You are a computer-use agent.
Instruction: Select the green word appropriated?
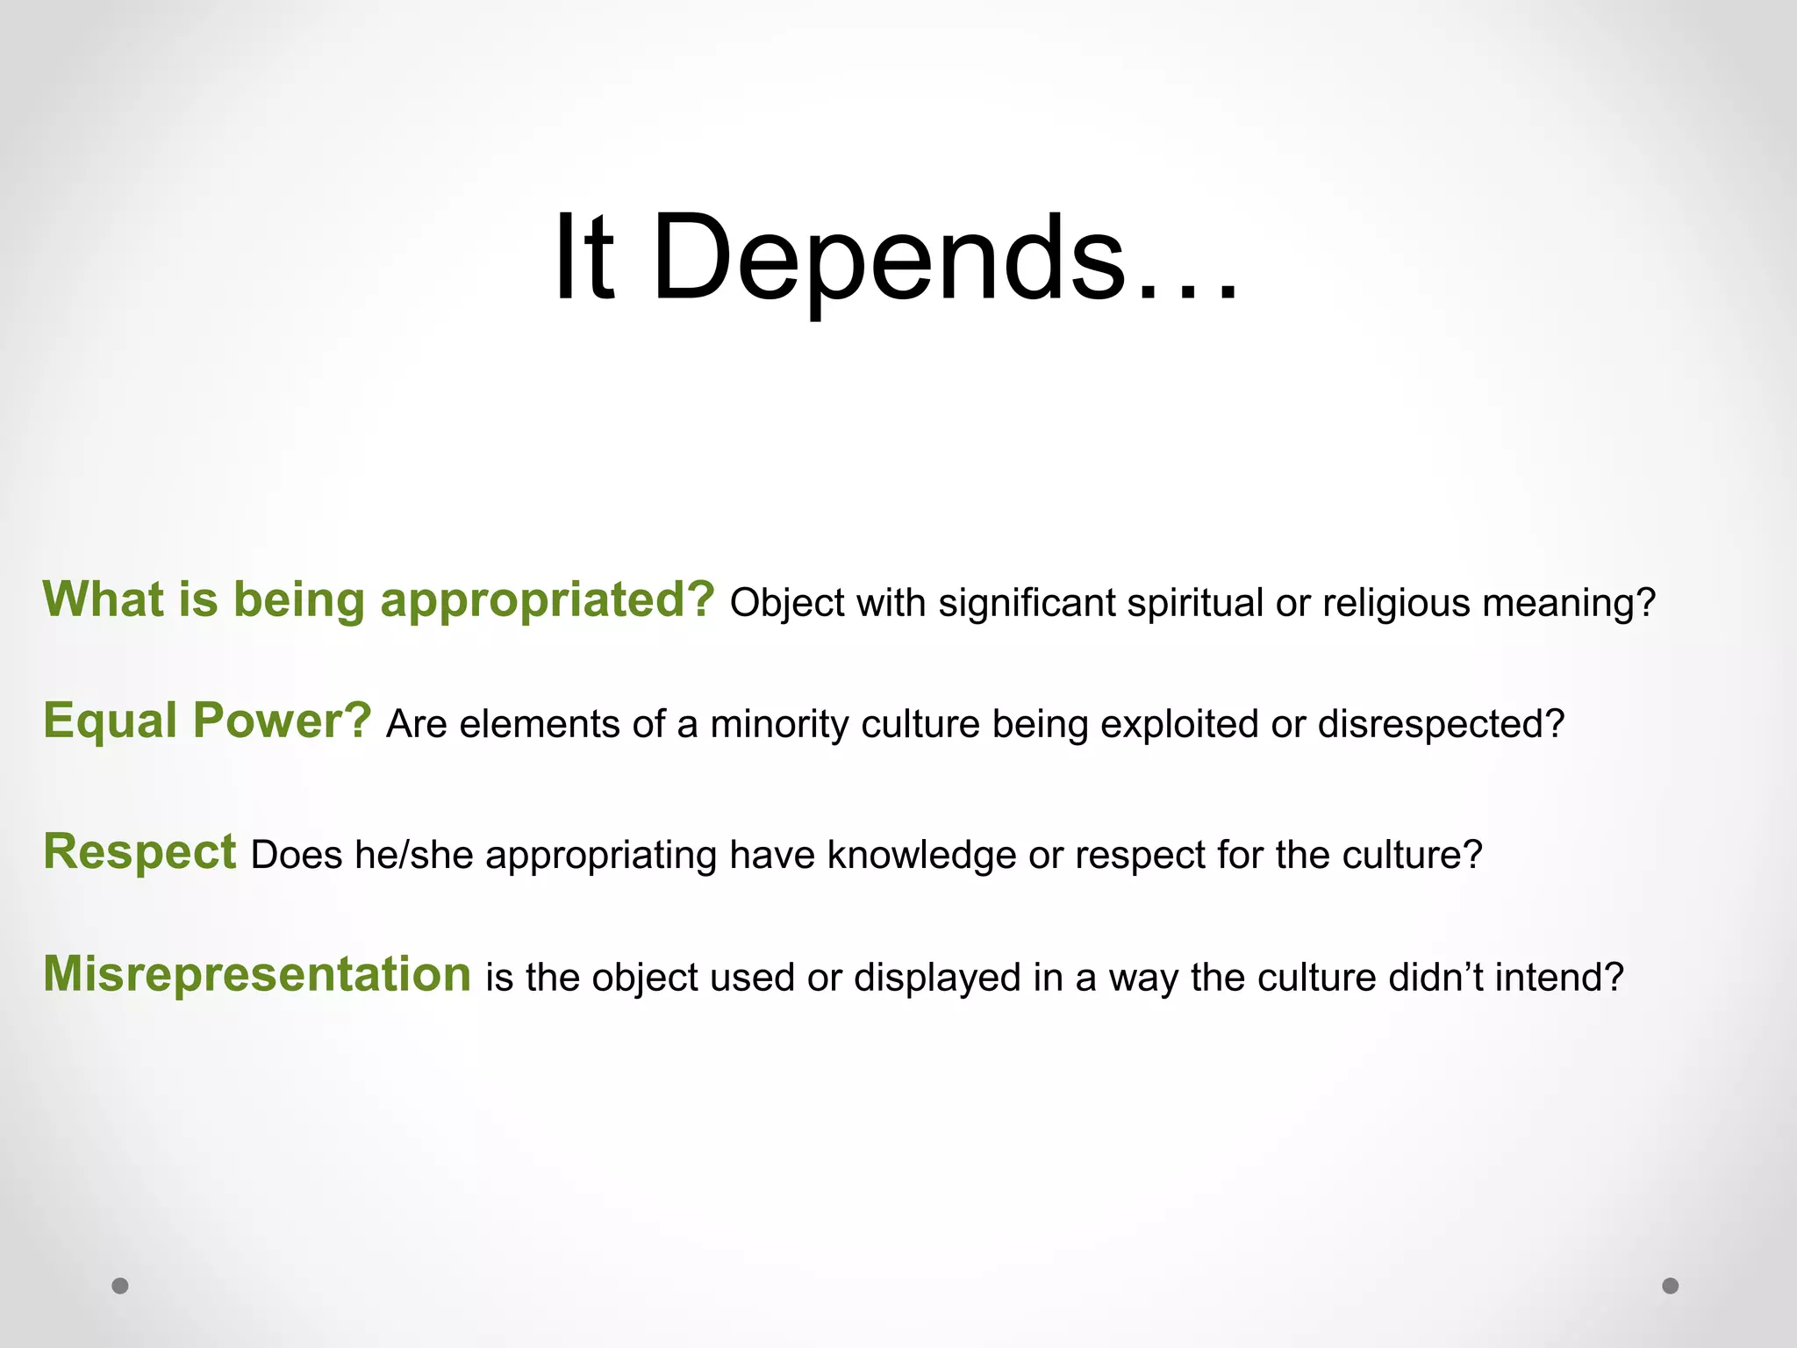548,601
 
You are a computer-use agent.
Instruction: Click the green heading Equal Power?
208,721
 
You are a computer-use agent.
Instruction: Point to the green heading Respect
140,852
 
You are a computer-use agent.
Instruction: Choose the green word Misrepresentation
257,975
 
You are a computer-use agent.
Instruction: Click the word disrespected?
1441,725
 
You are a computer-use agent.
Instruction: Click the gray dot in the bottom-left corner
120,1286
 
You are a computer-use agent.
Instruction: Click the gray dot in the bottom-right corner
1671,1286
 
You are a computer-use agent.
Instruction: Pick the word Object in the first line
786,604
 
